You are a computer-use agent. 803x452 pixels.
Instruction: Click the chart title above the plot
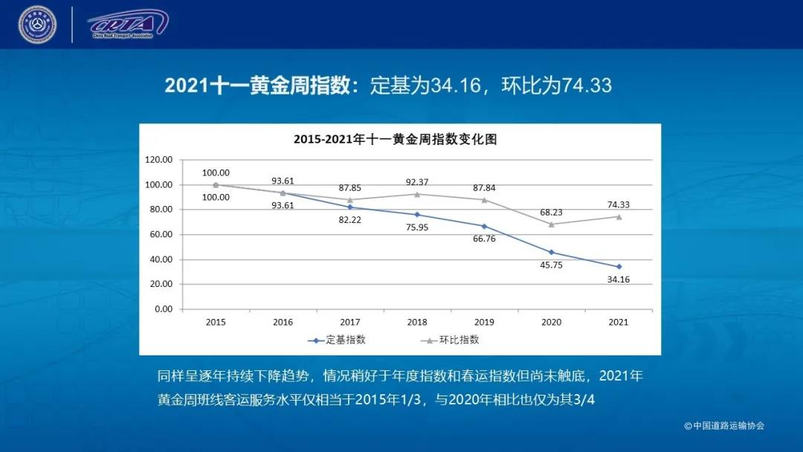point(394,139)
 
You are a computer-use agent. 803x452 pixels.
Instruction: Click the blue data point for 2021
point(619,266)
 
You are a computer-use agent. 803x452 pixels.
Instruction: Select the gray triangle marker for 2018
point(417,194)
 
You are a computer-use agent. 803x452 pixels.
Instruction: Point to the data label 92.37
point(417,181)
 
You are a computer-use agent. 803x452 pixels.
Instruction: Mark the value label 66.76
point(483,239)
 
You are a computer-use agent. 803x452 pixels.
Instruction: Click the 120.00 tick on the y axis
point(158,160)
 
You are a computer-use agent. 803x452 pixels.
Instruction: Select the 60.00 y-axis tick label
point(160,234)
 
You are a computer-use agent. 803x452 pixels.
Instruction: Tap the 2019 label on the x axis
point(484,322)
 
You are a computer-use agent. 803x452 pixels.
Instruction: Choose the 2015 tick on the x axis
point(216,322)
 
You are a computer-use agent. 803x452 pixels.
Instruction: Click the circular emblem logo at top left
point(37,25)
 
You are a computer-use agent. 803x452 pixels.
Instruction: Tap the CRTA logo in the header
point(127,24)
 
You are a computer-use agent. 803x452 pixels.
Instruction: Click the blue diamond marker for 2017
point(350,207)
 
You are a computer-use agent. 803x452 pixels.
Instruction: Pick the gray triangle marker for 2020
point(551,224)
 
